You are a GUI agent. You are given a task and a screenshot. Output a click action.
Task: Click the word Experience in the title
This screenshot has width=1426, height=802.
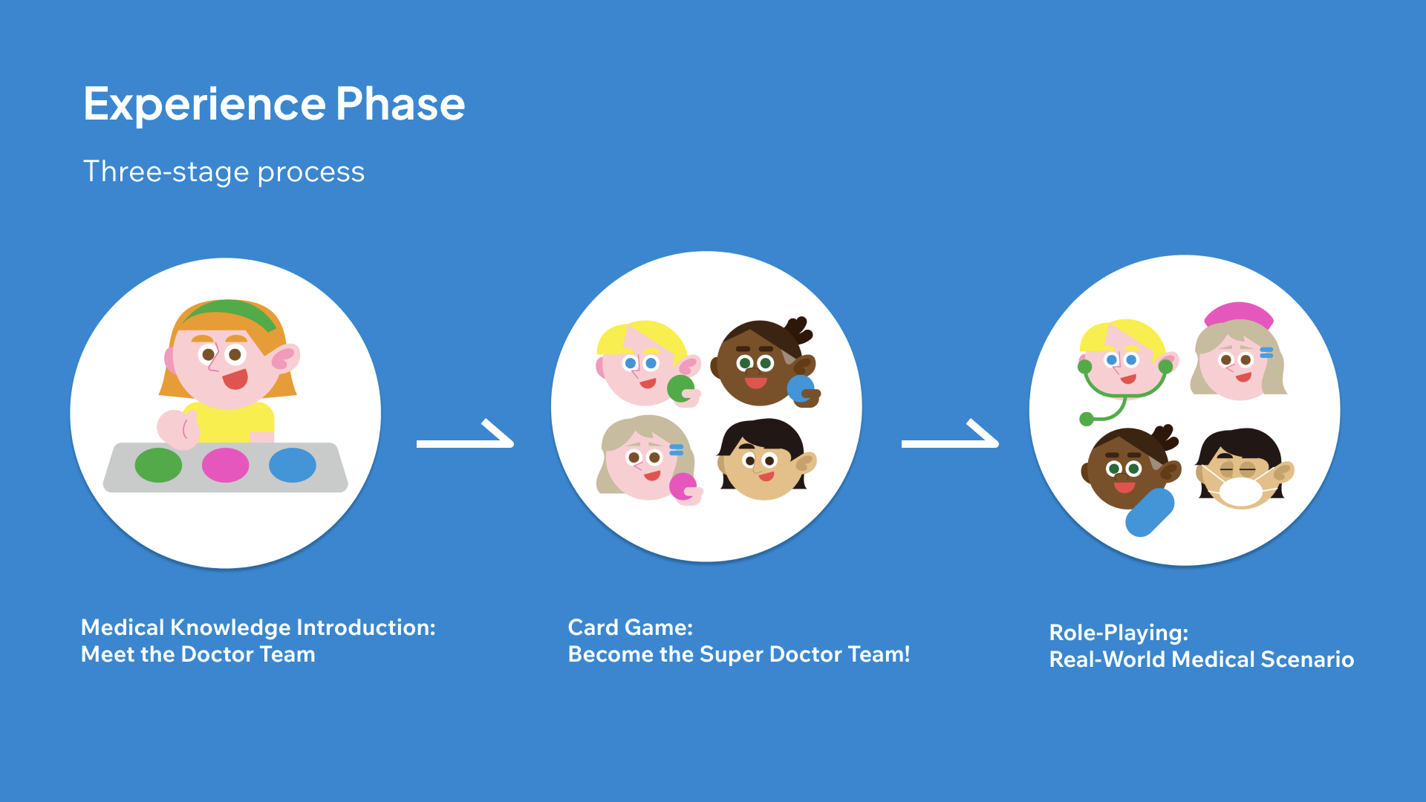pos(204,105)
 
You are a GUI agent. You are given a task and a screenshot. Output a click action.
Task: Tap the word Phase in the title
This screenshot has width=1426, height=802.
pos(400,103)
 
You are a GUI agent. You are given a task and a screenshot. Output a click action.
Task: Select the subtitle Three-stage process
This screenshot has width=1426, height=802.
pos(224,172)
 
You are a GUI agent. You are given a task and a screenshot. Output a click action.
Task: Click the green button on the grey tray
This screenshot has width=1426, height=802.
pos(158,465)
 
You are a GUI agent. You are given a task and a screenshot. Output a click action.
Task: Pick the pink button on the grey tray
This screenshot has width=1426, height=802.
pos(225,465)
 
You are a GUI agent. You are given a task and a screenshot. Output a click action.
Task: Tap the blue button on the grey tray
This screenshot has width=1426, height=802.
pos(293,465)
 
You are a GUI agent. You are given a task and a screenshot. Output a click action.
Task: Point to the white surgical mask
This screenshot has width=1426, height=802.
pos(1240,492)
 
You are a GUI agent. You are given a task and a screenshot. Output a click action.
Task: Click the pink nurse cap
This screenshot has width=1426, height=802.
pos(1238,313)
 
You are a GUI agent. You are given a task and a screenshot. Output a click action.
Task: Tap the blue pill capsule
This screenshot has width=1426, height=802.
pos(1150,512)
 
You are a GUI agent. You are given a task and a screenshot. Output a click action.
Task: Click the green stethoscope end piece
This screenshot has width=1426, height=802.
pos(1087,419)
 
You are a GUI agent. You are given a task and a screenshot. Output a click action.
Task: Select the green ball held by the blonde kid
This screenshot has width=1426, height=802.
pos(680,388)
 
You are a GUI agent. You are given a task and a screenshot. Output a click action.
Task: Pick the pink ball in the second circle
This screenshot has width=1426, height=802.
pos(683,487)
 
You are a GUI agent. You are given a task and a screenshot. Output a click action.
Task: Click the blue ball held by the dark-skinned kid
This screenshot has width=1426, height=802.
pos(801,388)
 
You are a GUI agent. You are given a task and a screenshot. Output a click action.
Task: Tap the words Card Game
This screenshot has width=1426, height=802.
pos(631,627)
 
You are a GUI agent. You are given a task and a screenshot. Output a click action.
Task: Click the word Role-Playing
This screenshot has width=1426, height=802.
pos(1119,633)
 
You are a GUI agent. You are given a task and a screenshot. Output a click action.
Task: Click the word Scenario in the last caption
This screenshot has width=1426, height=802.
pos(1308,659)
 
